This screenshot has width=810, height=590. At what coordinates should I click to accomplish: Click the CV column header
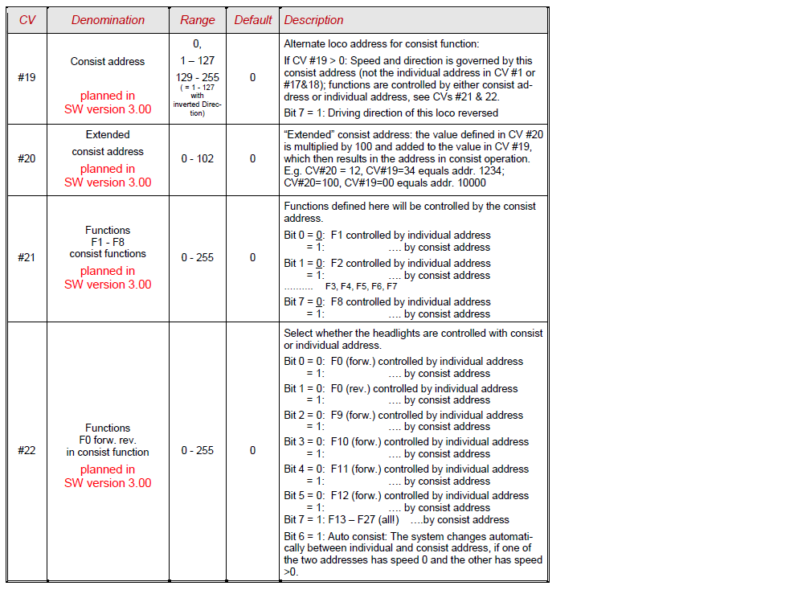coord(27,20)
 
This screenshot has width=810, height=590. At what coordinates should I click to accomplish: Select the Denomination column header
coord(108,20)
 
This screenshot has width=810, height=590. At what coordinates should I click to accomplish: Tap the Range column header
coord(198,20)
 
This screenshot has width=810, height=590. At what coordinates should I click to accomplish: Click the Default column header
coord(253,20)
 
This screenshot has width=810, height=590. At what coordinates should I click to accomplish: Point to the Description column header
coord(313,20)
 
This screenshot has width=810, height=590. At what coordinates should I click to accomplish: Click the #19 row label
coord(27,77)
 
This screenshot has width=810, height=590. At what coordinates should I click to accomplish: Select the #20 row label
coord(27,158)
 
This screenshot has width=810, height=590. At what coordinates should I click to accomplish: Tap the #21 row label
coord(27,257)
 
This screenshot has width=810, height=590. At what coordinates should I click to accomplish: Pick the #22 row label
coord(27,450)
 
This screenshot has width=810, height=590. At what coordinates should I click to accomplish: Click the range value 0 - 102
coord(198,158)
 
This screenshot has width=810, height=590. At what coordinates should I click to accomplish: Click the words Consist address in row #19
coord(108,61)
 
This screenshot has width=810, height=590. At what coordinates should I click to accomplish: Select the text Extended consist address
coord(108,143)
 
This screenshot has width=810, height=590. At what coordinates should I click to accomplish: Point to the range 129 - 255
coord(198,77)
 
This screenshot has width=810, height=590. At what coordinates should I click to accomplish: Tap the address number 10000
coord(470,182)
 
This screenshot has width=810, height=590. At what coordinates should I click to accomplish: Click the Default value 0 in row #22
coord(252,450)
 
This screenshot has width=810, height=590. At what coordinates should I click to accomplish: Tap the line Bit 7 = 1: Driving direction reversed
coord(391,113)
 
